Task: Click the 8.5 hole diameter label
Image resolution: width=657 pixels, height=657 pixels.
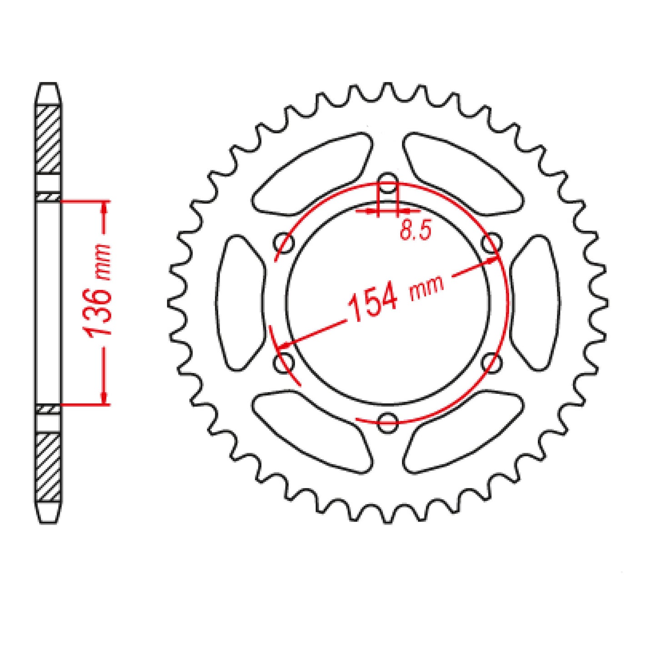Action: click(415, 231)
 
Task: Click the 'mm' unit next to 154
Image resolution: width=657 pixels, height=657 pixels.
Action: click(426, 289)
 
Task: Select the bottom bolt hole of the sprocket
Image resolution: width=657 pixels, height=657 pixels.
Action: click(388, 422)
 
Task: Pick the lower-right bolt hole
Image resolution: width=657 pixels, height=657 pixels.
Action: click(491, 362)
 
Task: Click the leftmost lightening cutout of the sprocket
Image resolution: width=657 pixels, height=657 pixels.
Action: click(240, 302)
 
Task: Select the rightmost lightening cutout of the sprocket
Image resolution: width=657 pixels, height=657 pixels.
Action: click(535, 302)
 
